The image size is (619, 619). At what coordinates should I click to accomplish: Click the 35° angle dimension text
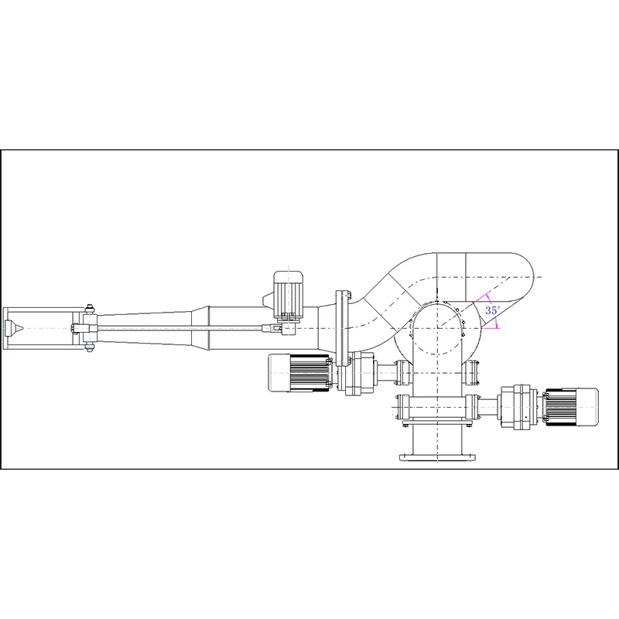click(x=492, y=309)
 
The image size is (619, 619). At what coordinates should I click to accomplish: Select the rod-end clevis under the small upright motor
click(x=287, y=329)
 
